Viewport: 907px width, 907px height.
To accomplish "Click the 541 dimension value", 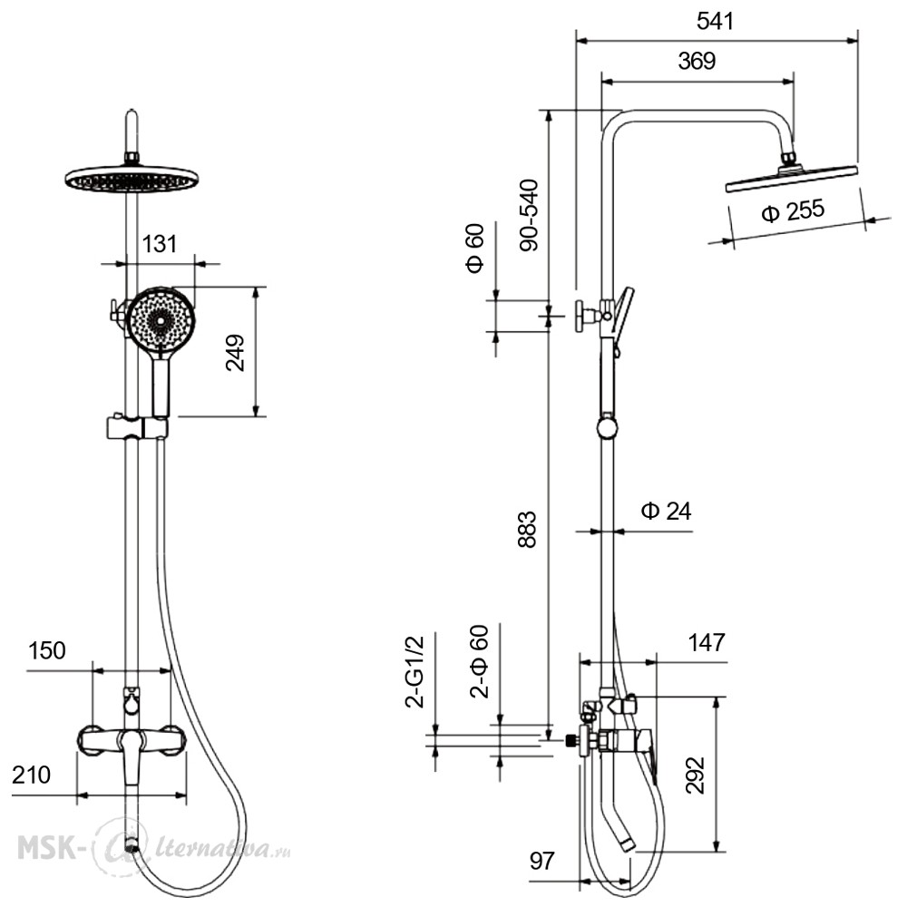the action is tap(715, 22).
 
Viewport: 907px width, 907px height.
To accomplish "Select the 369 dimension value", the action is tap(697, 61).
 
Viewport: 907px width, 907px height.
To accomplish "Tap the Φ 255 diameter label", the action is tap(793, 211).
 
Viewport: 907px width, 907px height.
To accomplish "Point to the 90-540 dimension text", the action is tap(529, 215).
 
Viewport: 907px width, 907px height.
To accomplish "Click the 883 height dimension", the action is tap(527, 530).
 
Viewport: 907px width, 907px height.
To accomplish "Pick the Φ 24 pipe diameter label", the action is tap(666, 511).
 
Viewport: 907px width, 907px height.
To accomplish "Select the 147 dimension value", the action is tap(707, 643).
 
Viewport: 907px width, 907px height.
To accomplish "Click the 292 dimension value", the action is tap(696, 775).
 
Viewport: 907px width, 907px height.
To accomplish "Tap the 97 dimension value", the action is tap(542, 861).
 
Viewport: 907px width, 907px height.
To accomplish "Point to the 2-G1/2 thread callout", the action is tap(414, 671).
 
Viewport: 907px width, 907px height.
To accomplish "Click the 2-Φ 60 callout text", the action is tap(480, 662).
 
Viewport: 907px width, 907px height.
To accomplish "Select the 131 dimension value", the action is tap(159, 244).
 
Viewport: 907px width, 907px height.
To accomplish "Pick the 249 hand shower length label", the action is tap(235, 353).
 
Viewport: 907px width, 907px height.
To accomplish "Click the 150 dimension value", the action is tap(47, 650).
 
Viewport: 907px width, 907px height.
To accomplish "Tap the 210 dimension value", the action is tap(31, 775).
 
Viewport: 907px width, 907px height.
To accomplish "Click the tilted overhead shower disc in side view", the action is tap(791, 178).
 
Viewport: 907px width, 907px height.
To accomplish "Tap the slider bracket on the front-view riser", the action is tap(137, 427).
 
